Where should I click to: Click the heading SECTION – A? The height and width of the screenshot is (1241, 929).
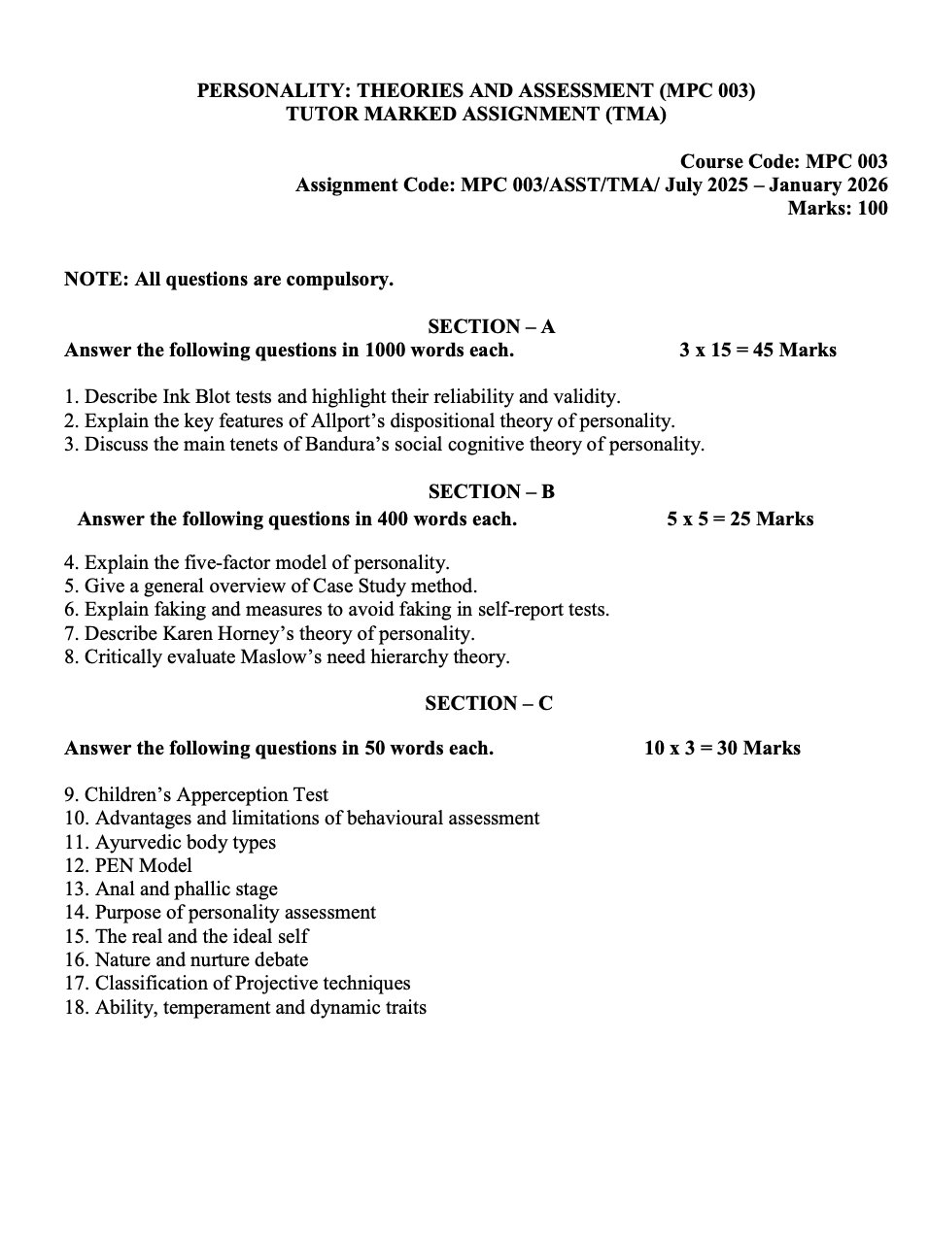491,326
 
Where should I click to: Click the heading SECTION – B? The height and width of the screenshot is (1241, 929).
491,491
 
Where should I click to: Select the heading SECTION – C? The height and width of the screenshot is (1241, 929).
488,703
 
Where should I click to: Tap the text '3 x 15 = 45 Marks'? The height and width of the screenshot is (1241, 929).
757,350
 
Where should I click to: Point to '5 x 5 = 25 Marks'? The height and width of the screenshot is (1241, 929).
740,519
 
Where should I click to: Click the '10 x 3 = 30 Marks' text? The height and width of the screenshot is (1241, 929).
722,748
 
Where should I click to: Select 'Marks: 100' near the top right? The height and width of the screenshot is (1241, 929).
837,208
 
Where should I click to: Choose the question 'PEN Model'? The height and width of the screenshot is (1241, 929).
143,865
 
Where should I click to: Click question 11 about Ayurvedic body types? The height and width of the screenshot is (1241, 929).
185,842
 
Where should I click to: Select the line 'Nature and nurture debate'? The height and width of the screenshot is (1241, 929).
201,959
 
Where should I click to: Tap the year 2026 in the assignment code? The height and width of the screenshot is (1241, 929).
863,184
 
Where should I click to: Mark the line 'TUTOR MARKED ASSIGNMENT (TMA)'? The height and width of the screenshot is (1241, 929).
476,114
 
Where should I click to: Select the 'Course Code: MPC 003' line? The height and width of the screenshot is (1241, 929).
783,161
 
